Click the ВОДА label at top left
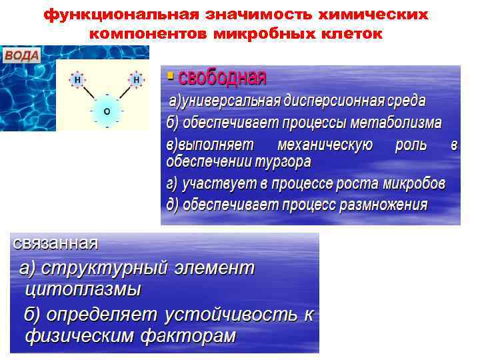pos(23,56)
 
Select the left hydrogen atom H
pos(77,80)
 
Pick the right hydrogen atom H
pos(137,80)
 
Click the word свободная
pos(221,78)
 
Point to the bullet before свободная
pos(170,77)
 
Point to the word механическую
pos(325,145)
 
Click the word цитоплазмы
pos(83,289)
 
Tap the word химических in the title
pos(371,15)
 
